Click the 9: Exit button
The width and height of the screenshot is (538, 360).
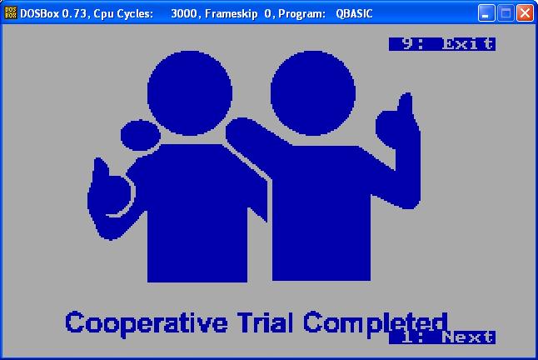coord(442,44)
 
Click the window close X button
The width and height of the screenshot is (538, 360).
coord(525,13)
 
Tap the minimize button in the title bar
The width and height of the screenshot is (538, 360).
coord(486,13)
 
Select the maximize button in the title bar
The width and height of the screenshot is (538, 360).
coord(506,13)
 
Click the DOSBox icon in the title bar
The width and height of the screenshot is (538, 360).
coord(10,13)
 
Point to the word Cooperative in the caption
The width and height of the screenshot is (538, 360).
coord(147,323)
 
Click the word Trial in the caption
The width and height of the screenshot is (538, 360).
coord(266,322)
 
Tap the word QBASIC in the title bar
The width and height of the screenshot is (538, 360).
coord(354,13)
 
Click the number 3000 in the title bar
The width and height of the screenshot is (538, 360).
coord(184,13)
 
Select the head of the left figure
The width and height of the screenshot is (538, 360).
coord(190,93)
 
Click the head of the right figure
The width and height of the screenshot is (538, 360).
coord(313,93)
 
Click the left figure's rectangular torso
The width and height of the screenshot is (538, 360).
coord(197,212)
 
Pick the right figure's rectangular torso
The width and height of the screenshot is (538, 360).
coord(321,212)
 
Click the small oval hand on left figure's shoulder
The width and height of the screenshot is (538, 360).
coord(141,135)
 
